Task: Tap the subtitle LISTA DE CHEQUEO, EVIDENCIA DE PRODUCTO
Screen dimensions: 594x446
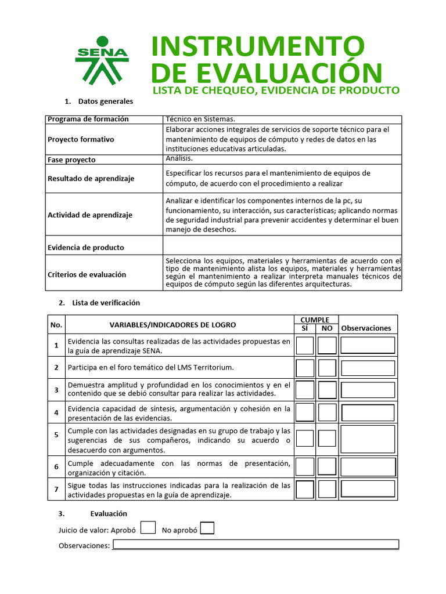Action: click(276, 90)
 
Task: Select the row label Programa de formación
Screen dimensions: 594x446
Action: click(88, 119)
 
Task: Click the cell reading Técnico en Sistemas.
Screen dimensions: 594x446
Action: click(200, 119)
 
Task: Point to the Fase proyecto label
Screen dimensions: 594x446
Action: click(71, 160)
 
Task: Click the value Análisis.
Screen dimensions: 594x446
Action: click(179, 158)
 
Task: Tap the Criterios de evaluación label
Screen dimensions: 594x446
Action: click(87, 274)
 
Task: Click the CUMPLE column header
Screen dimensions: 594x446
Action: click(315, 320)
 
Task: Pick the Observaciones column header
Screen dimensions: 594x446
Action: click(366, 328)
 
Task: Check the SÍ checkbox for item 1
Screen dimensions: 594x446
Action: click(305, 346)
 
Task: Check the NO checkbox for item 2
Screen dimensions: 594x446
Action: click(327, 368)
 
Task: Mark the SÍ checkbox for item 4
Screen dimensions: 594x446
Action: click(305, 412)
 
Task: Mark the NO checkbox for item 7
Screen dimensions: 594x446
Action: click(327, 489)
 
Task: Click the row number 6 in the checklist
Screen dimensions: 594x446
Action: click(56, 466)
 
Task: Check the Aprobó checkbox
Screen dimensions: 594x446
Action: click(148, 527)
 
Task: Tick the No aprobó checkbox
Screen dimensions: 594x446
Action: click(207, 528)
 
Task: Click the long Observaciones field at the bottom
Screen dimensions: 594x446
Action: click(256, 544)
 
